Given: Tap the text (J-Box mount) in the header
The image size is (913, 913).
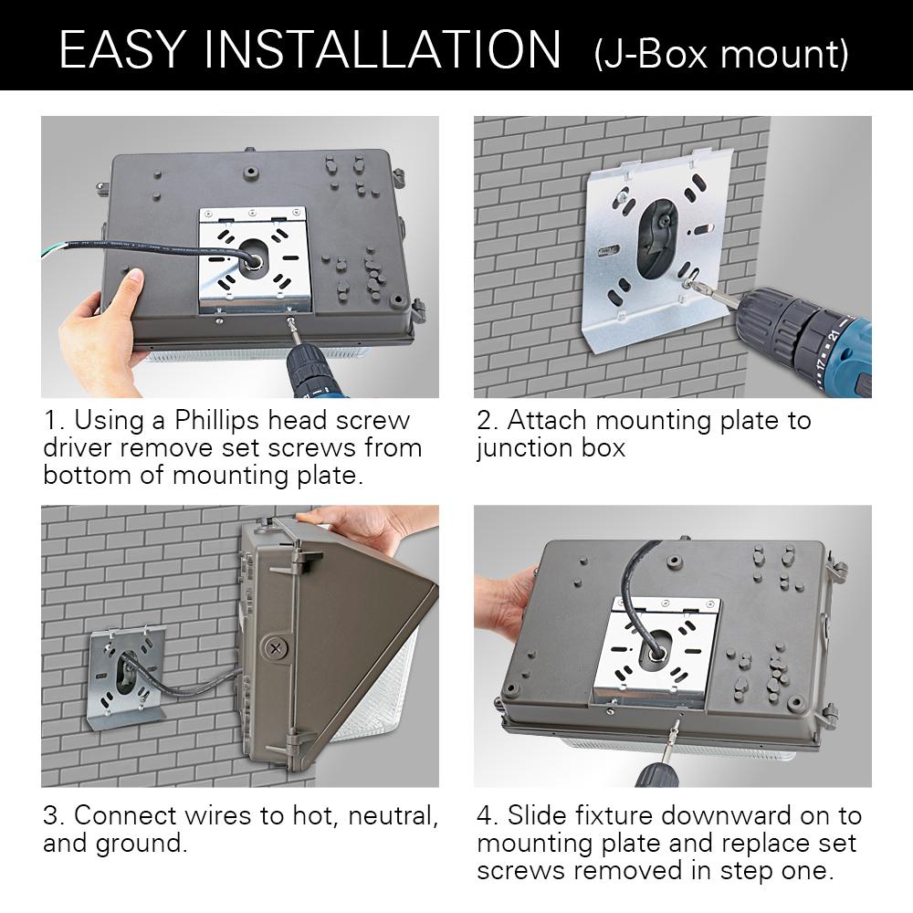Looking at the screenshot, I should [x=721, y=53].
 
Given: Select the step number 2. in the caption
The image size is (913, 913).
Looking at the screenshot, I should [x=487, y=421].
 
